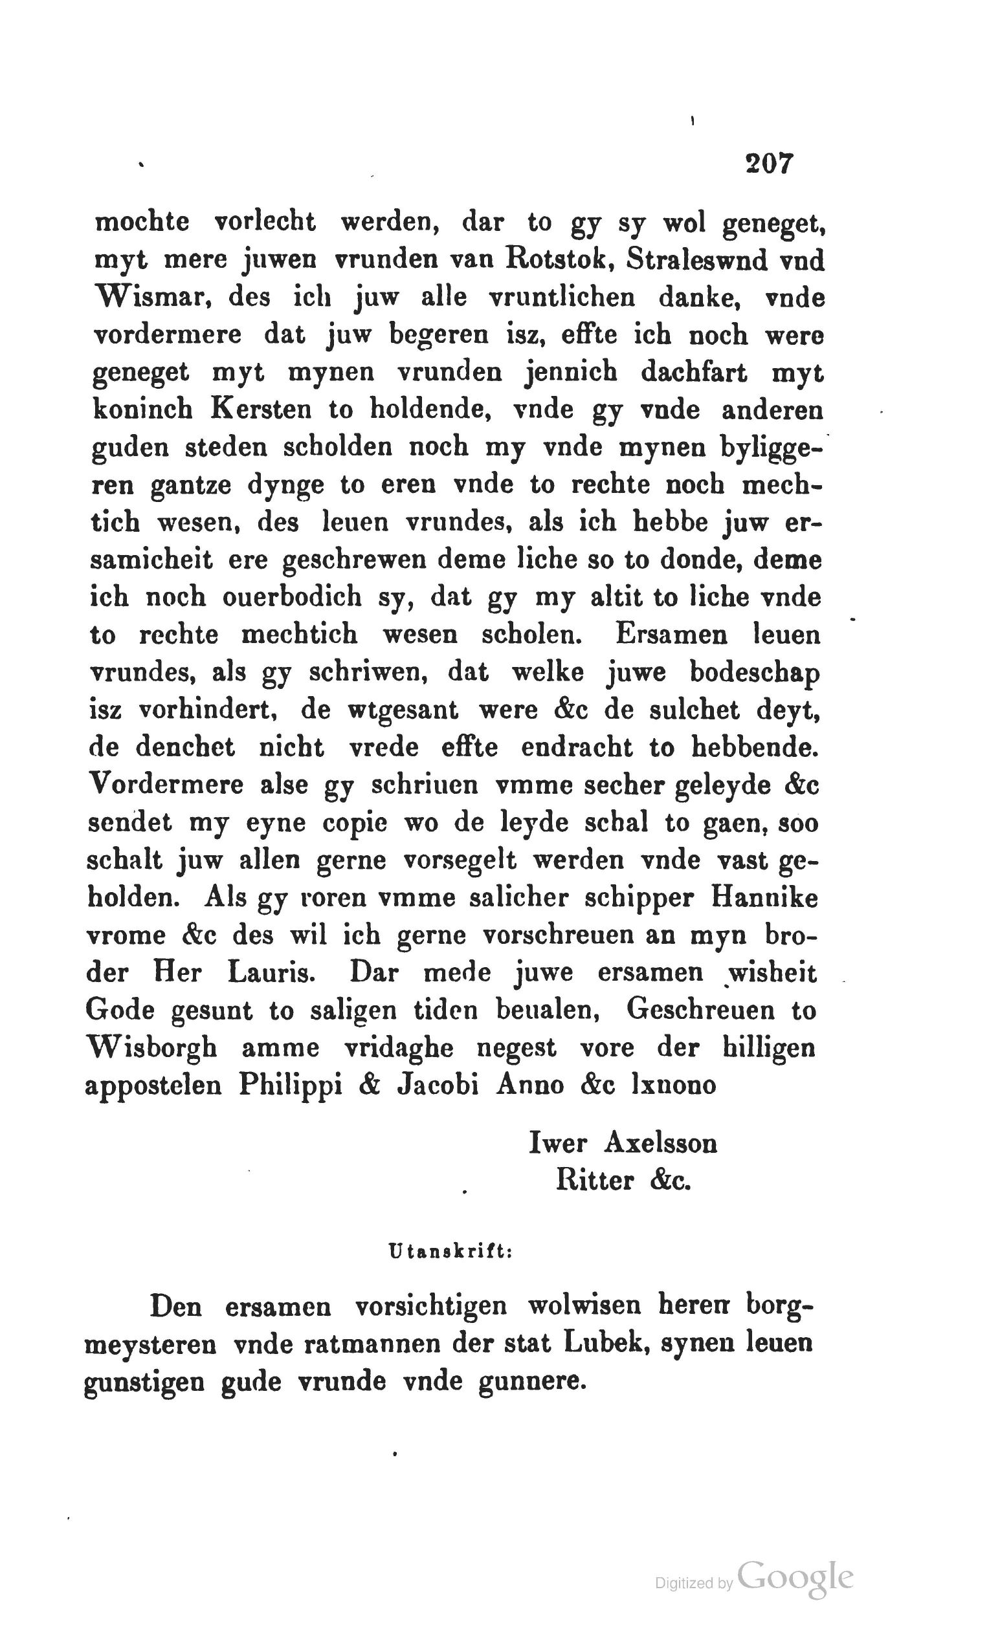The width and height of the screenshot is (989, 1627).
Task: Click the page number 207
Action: [768, 163]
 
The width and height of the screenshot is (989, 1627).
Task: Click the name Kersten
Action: [261, 409]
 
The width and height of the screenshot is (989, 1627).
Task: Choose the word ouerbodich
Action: [292, 597]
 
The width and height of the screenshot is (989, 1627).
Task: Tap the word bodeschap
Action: [755, 673]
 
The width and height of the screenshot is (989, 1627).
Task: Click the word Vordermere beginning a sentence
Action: [165, 785]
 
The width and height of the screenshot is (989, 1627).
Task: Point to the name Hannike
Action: [764, 898]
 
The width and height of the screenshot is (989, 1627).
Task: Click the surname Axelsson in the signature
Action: [661, 1143]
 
